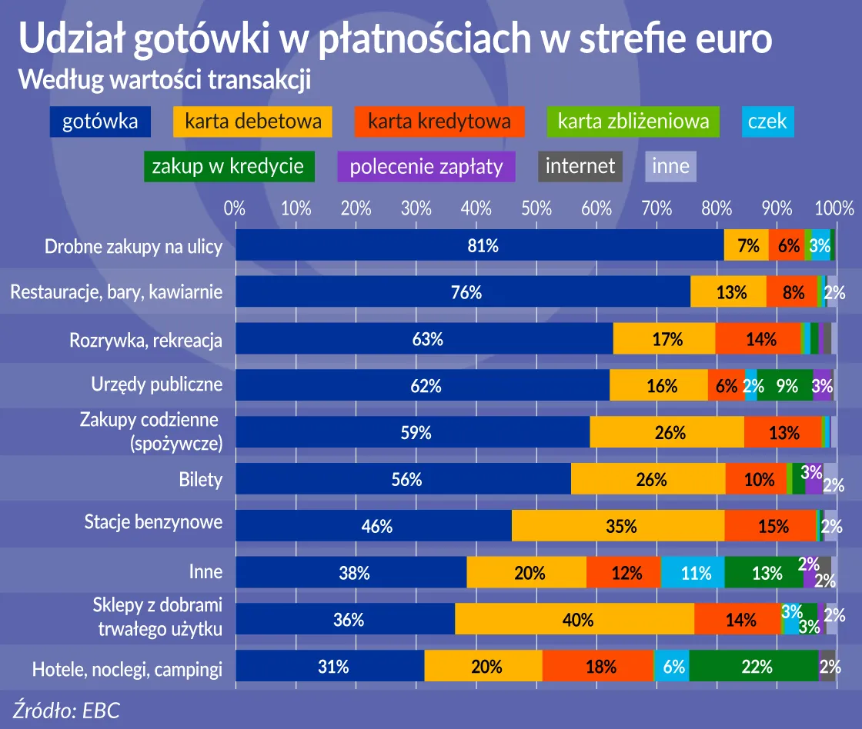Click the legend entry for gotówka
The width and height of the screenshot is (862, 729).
pos(100,121)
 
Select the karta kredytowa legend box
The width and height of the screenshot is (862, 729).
pos(439,121)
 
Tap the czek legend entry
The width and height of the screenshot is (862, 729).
pos(767,121)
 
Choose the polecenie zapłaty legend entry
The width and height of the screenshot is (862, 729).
pos(426,166)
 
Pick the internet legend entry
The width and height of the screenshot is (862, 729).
pos(580,166)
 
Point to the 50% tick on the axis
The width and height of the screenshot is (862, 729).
pos(536,208)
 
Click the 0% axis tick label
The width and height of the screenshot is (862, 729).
pos(235,208)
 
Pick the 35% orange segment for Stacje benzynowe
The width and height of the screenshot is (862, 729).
pos(618,526)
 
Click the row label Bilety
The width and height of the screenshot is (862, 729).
pos(201,480)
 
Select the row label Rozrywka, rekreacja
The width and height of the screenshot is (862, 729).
pos(145,340)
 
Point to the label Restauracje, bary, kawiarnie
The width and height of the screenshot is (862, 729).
pos(116,292)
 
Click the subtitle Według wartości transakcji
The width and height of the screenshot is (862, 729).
pos(164,79)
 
